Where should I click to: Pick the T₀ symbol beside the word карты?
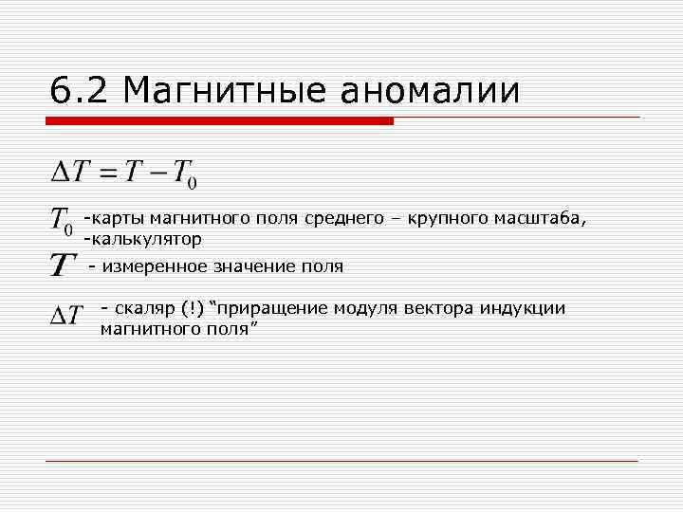point(61,221)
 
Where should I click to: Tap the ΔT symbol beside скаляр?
point(66,312)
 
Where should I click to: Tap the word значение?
point(250,266)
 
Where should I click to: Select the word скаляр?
point(144,308)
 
